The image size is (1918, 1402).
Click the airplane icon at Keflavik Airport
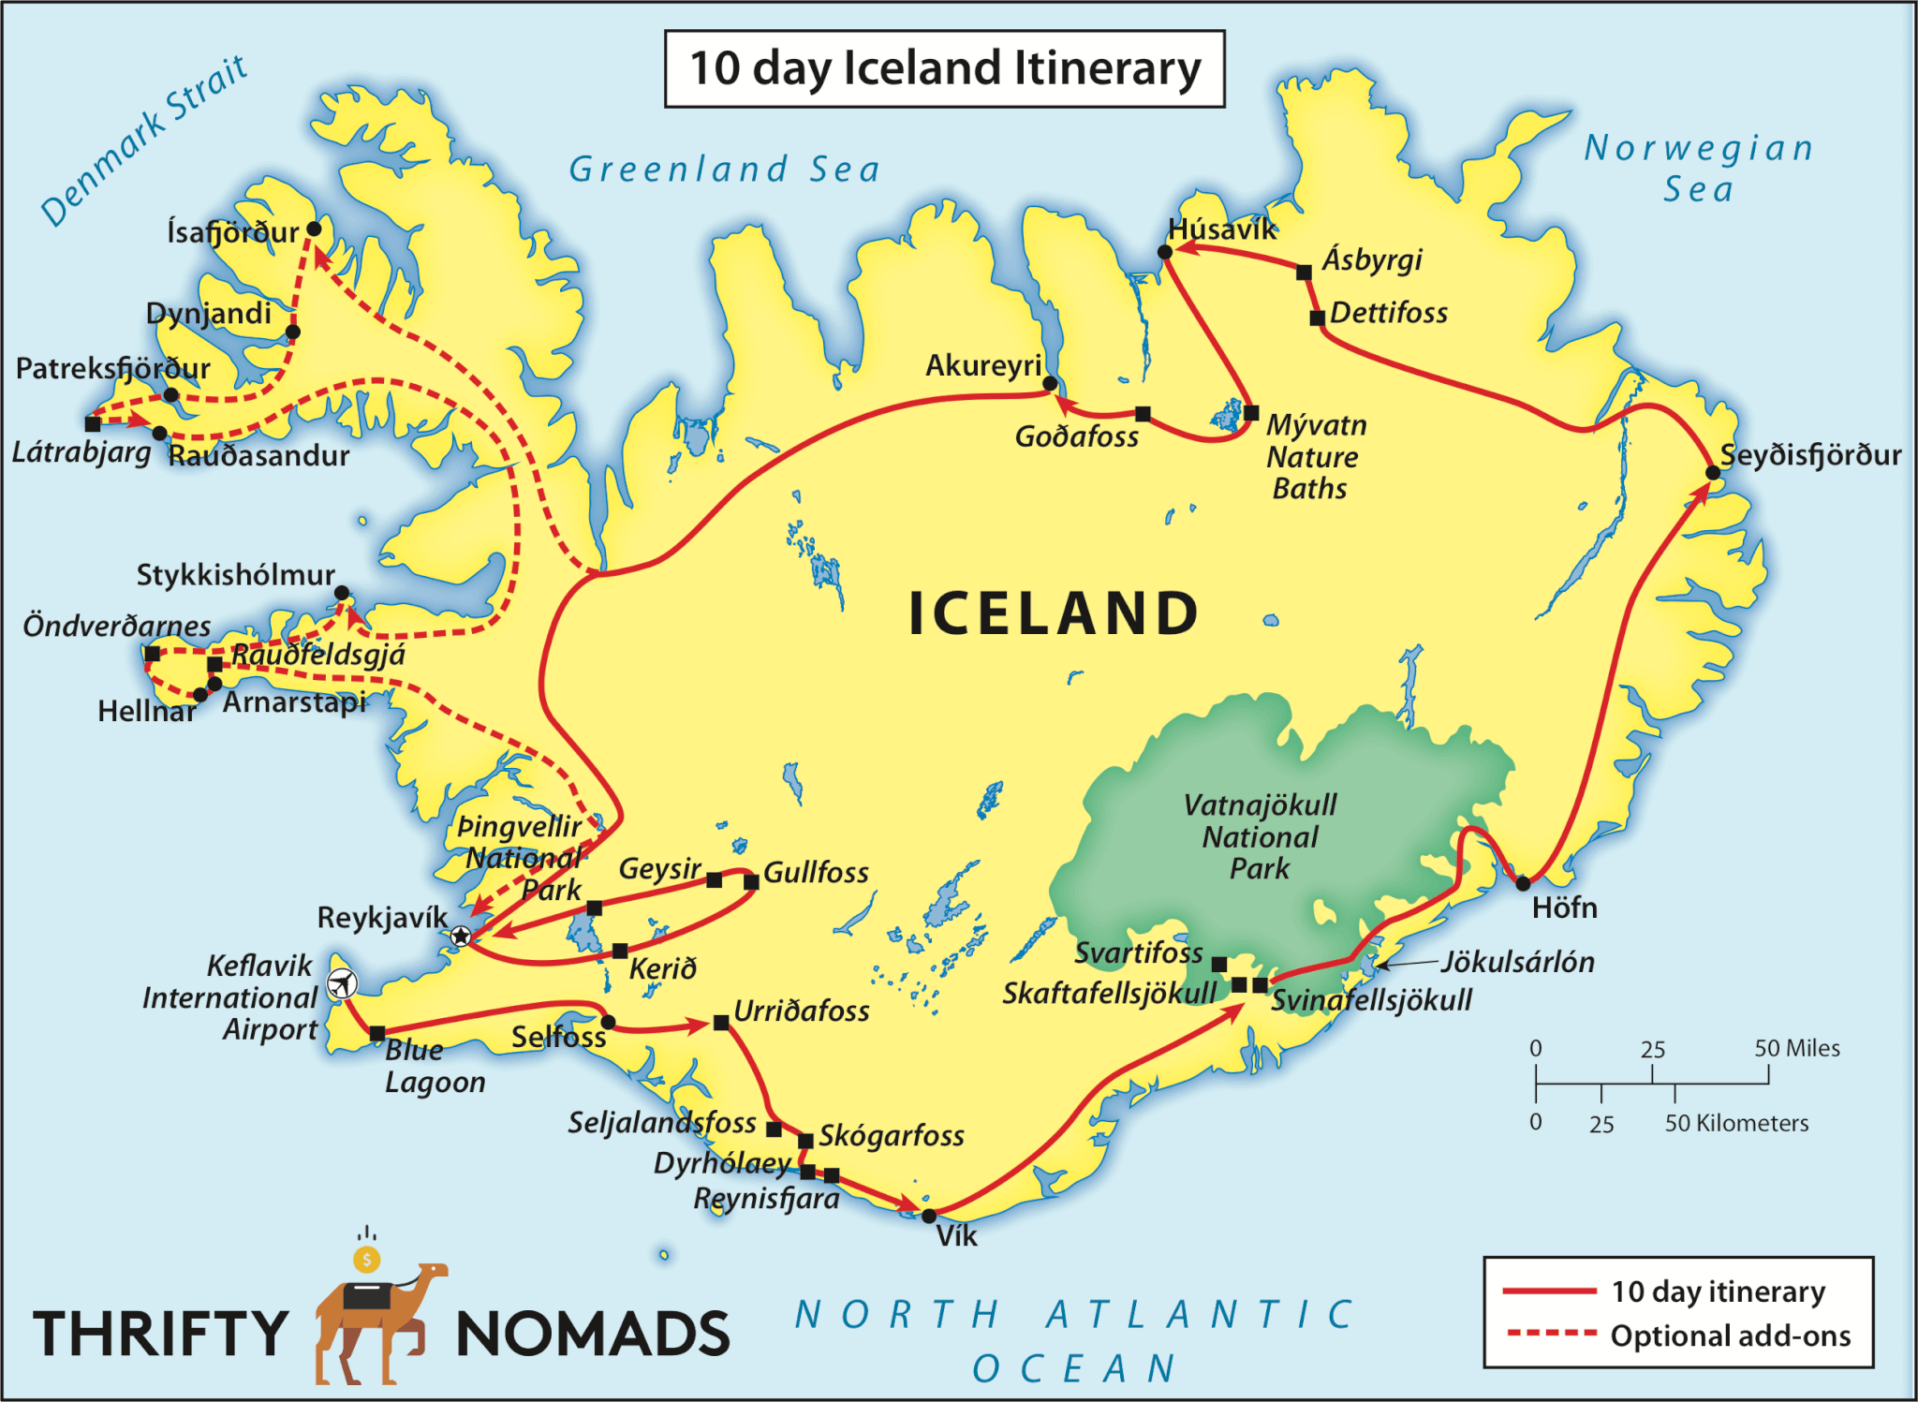coord(343,983)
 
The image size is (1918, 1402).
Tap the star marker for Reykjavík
coord(460,936)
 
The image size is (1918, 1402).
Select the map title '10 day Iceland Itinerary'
coord(944,69)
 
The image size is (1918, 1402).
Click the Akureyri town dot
coord(1050,383)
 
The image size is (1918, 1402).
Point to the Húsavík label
coord(1222,229)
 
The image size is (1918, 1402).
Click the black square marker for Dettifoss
coord(1317,317)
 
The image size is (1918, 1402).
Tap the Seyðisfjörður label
coord(1810,455)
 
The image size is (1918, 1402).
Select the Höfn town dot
coord(1523,883)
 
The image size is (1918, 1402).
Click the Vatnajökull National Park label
coord(1260,836)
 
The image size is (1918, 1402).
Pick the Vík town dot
coord(928,1216)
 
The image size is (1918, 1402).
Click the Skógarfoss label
coord(892,1136)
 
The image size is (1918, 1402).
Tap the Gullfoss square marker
coord(751,881)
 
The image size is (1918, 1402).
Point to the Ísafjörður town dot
coord(315,229)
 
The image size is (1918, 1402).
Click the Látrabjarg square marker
coord(93,424)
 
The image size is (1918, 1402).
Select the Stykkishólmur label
coord(235,574)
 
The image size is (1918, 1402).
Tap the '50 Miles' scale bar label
coord(1796,1048)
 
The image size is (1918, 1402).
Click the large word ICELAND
coord(1054,614)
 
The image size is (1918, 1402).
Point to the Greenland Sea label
coord(725,170)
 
